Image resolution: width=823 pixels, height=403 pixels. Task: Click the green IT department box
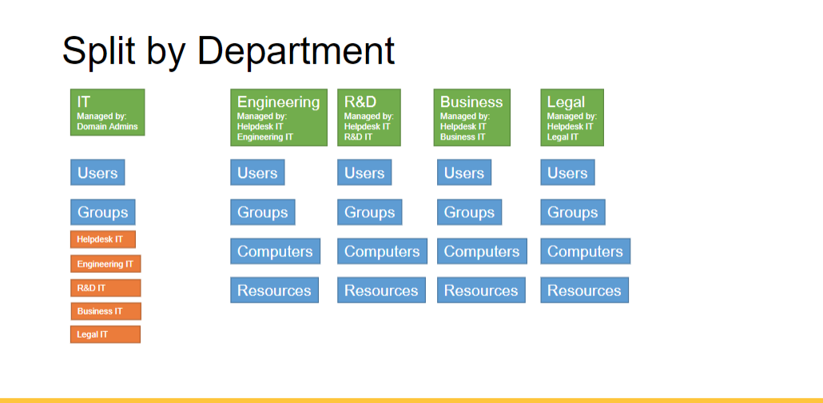point(107,112)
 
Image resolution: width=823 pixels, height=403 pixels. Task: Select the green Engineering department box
point(278,117)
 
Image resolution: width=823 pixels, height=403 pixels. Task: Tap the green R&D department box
point(368,117)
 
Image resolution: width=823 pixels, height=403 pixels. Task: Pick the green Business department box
point(471,117)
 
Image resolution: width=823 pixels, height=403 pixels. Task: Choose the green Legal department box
point(571,117)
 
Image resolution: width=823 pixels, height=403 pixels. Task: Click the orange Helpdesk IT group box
point(102,239)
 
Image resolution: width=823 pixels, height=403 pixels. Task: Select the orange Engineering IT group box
point(105,263)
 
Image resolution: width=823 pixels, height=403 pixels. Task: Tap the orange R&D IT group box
point(105,287)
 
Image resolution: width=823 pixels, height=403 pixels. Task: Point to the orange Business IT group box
point(105,311)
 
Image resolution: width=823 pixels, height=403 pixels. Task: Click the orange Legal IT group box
point(105,334)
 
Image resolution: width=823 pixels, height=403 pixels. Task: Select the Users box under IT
point(97,172)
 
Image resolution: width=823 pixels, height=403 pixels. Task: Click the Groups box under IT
point(102,212)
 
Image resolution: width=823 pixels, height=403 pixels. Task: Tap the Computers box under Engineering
point(275,251)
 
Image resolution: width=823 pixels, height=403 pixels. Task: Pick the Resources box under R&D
point(381,290)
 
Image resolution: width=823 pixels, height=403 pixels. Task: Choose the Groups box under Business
point(469,212)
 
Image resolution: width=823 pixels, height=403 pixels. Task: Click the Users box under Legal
point(567,172)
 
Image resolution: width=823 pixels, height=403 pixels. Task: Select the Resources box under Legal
point(584,290)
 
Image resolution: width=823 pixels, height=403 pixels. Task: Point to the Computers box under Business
point(481,251)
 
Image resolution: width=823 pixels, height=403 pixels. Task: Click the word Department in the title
point(296,51)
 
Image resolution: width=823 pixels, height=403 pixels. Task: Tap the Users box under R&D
point(364,172)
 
